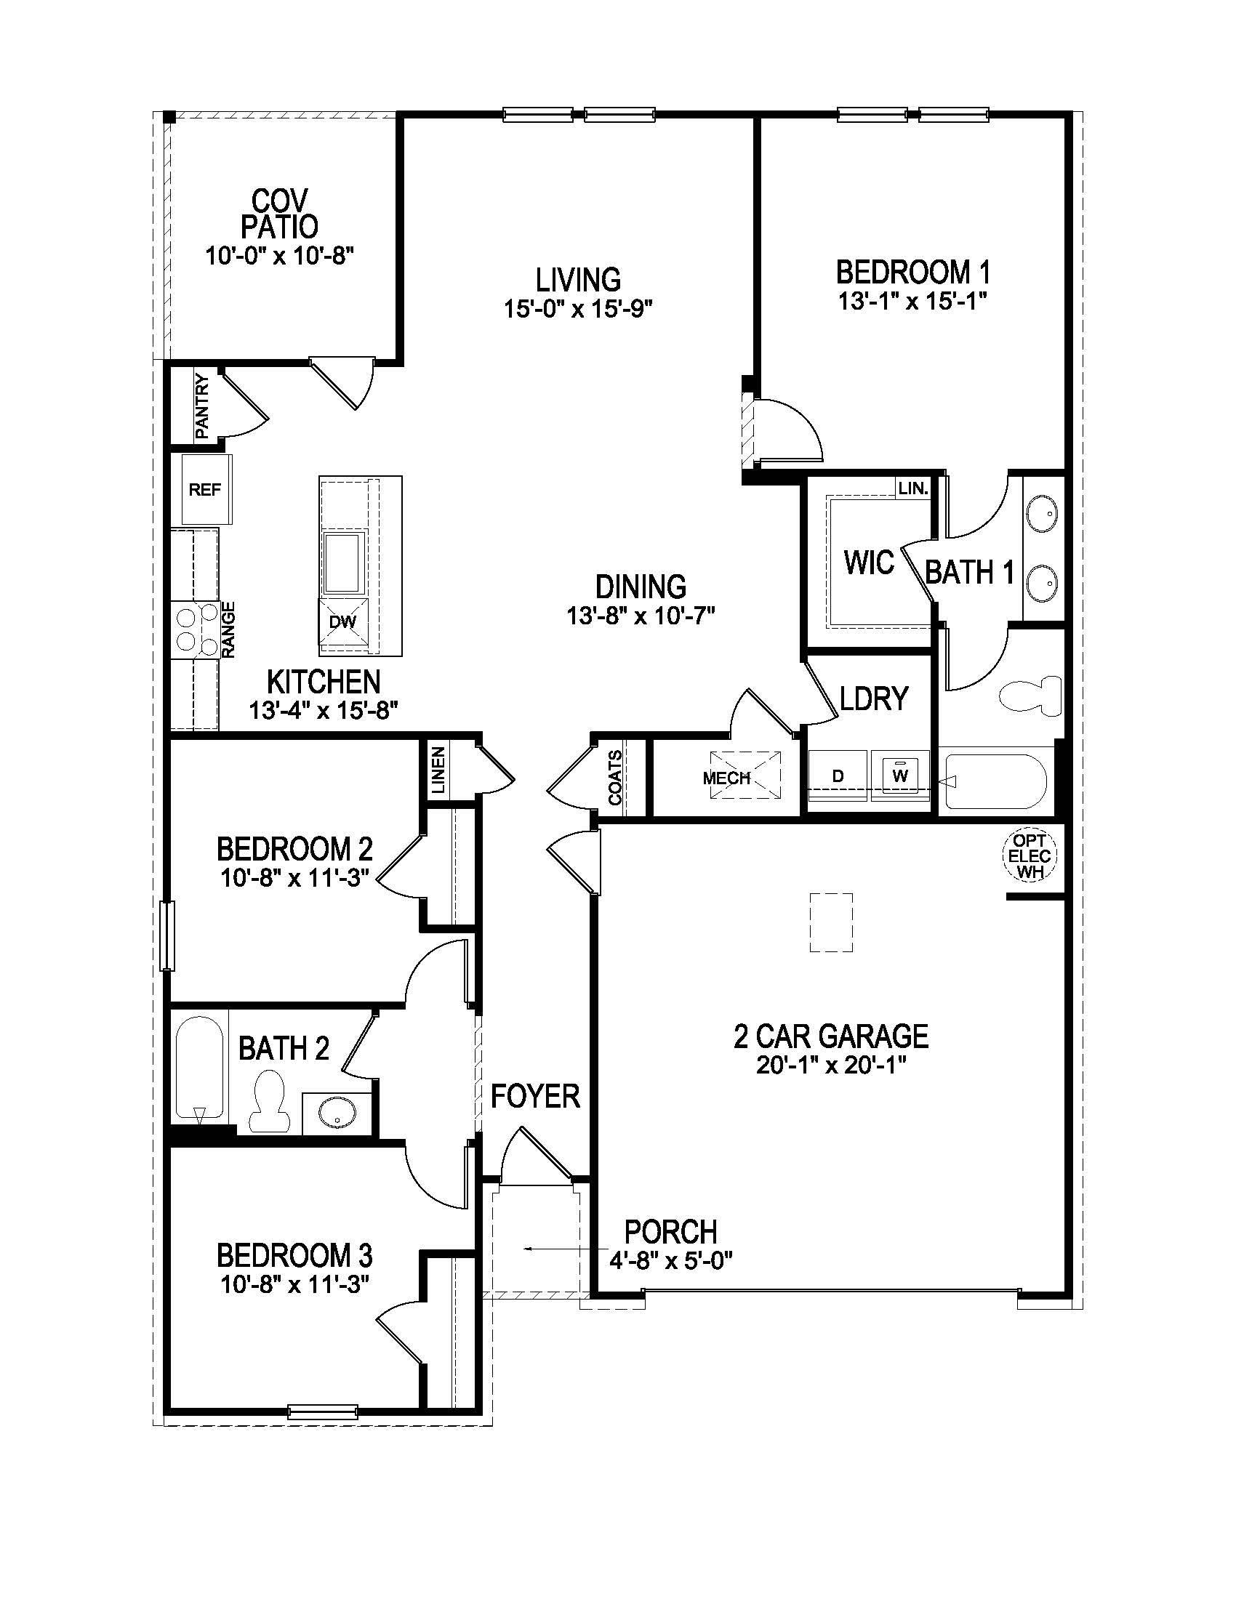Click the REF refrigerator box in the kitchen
coord(206,489)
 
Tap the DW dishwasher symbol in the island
coord(342,622)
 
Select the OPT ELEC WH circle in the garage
coord(1030,855)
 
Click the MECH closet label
coord(726,778)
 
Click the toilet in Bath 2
coord(268,1101)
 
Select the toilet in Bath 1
coord(1031,695)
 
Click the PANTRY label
coord(202,407)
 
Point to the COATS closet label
coord(615,778)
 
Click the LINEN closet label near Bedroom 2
coord(438,771)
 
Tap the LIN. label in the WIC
coord(913,488)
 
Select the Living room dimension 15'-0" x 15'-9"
coord(578,309)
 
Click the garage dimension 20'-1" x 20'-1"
coord(831,1065)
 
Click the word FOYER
coord(535,1096)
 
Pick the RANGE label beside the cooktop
coord(228,629)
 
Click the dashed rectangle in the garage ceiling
coord(831,922)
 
